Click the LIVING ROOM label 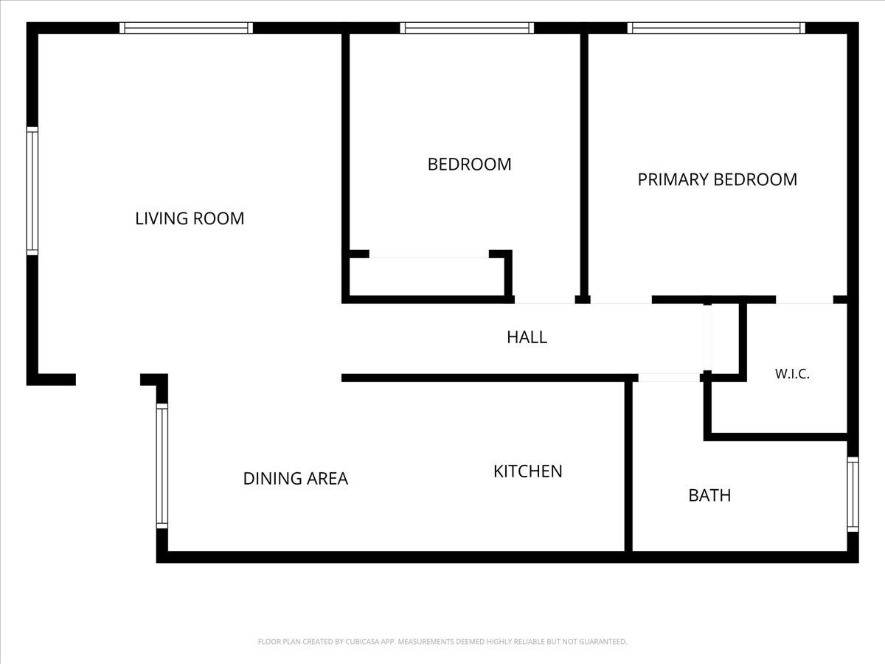[x=190, y=218]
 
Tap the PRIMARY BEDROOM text [x=718, y=179]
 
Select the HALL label [x=527, y=337]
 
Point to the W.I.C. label [x=792, y=374]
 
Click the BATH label [x=709, y=495]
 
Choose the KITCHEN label [x=528, y=471]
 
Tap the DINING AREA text [x=296, y=478]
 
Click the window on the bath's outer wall [x=853, y=494]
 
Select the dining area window [x=162, y=466]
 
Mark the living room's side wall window [x=32, y=190]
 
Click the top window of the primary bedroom [x=716, y=28]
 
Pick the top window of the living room [x=186, y=28]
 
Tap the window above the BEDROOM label [x=467, y=28]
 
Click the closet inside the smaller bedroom [x=426, y=277]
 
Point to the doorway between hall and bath [x=669, y=378]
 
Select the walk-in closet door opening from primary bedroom [x=805, y=300]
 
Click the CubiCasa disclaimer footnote [x=442, y=641]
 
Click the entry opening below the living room [x=108, y=379]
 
